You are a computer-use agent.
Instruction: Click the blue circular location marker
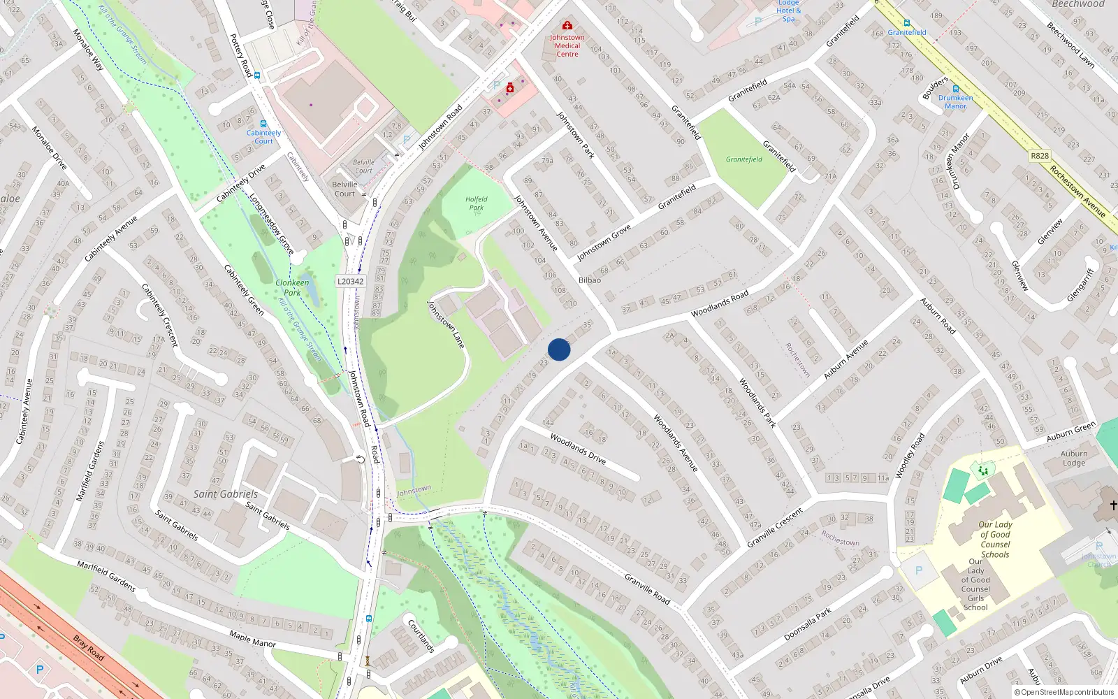[x=559, y=349]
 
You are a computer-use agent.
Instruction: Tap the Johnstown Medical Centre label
[x=567, y=45]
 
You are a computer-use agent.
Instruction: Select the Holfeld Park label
[x=477, y=203]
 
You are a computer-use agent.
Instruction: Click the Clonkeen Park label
[x=292, y=287]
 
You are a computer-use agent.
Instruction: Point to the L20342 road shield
[x=350, y=282]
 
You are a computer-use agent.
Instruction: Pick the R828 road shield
[x=1040, y=156]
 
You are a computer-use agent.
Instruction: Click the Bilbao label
[x=589, y=280]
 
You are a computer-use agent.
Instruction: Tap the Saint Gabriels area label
[x=225, y=494]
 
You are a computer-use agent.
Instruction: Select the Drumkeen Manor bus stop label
[x=955, y=102]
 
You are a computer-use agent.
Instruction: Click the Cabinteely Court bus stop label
[x=263, y=137]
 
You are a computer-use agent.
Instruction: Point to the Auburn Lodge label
[x=1074, y=458]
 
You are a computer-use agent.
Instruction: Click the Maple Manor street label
[x=252, y=639]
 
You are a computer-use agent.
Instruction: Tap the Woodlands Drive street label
[x=577, y=448]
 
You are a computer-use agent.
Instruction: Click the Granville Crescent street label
[x=774, y=528]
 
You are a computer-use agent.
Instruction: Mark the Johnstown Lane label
[x=446, y=324]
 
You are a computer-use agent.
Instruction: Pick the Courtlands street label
[x=421, y=635]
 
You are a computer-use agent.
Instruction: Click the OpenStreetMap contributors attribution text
[x=1063, y=693]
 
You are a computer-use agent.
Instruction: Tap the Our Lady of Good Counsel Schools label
[x=995, y=540]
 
